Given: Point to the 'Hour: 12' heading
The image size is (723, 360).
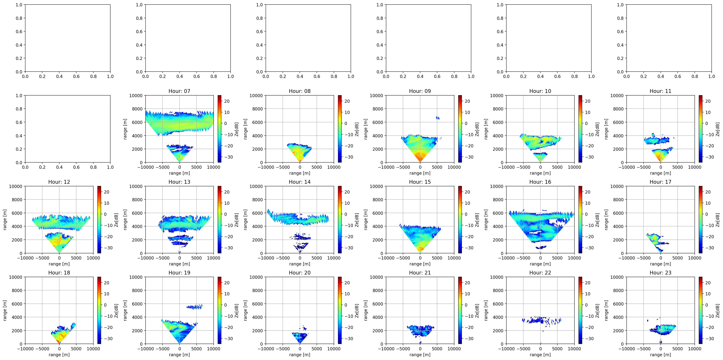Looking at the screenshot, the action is pyautogui.click(x=59, y=182).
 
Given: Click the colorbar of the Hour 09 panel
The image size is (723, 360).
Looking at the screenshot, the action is pyautogui.click(x=460, y=129).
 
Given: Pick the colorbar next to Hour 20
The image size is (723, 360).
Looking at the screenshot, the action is pyautogui.click(x=340, y=310).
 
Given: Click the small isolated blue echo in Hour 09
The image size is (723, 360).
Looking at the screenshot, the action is pyautogui.click(x=438, y=118).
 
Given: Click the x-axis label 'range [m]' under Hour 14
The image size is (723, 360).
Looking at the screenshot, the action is pyautogui.click(x=300, y=264).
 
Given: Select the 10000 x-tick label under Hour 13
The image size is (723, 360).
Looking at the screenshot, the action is pyautogui.click(x=214, y=258).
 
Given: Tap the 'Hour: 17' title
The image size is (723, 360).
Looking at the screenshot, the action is pyautogui.click(x=660, y=182).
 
